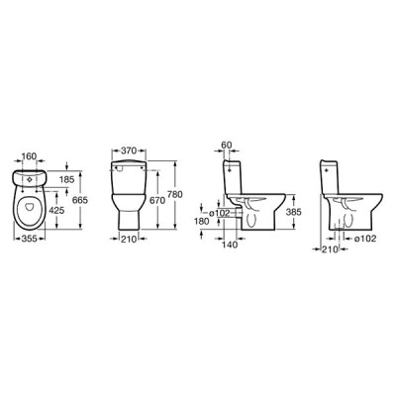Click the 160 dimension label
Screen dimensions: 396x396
(x=29, y=155)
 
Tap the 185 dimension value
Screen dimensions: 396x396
(x=67, y=179)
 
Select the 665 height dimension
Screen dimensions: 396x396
(x=80, y=200)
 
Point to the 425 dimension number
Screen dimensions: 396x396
(x=56, y=210)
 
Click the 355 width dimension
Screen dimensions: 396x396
(x=29, y=239)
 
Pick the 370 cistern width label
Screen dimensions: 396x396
(x=129, y=150)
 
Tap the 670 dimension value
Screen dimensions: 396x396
(x=158, y=200)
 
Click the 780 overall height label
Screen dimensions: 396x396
(x=175, y=195)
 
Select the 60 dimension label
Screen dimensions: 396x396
(x=227, y=145)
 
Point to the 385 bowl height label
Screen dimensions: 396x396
(x=294, y=212)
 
